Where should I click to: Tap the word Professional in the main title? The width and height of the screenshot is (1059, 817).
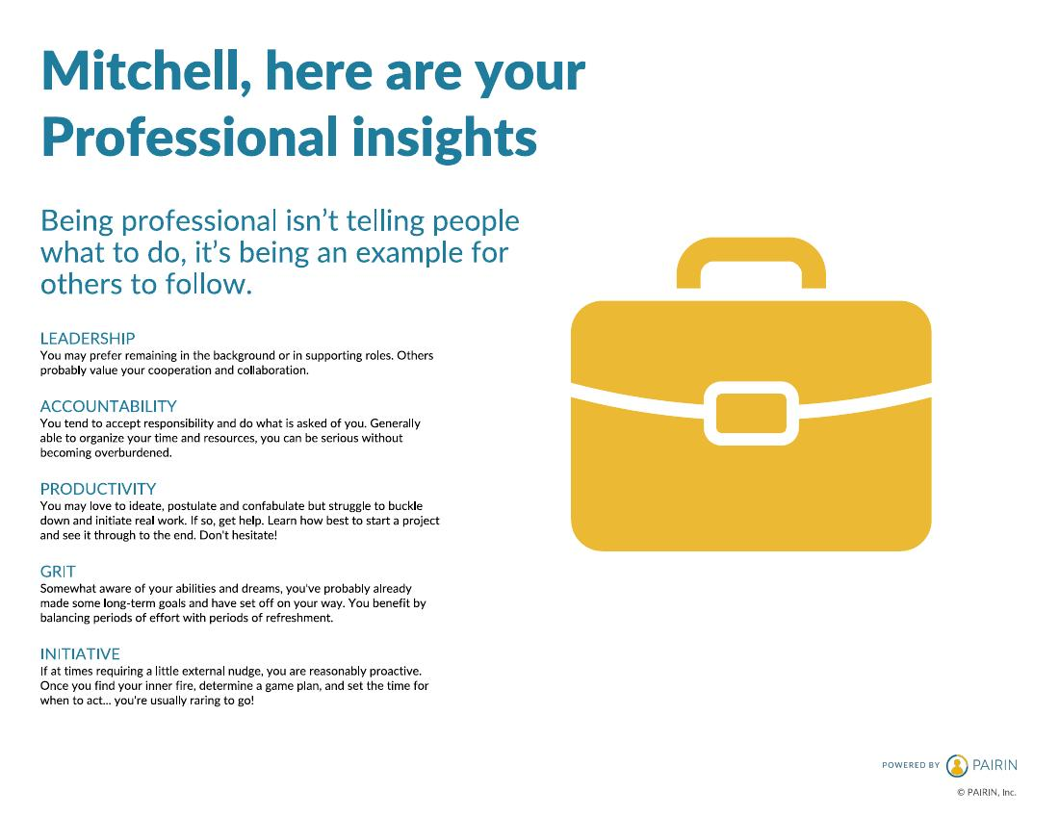pos(190,138)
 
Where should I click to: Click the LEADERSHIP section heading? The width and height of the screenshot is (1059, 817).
pos(88,339)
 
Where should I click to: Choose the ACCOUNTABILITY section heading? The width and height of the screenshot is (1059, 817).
pos(108,406)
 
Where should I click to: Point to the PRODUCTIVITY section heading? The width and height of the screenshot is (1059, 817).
pos(98,489)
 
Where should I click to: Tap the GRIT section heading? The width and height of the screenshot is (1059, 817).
pos(58,572)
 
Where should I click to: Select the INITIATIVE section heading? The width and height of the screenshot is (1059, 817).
pos(80,653)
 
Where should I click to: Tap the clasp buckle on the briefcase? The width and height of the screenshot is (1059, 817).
pos(751,413)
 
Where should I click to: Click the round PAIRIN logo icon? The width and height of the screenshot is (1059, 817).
pos(957,765)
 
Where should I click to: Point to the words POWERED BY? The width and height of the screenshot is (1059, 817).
pos(911,765)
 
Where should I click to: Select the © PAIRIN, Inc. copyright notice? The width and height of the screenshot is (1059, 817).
pos(986,793)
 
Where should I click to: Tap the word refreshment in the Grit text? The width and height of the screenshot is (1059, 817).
pos(302,618)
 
